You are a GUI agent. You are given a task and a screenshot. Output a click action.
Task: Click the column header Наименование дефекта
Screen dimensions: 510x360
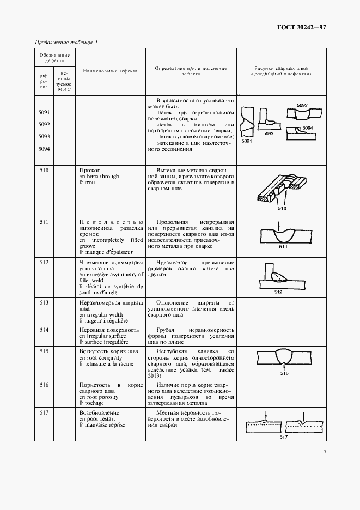point(110,71)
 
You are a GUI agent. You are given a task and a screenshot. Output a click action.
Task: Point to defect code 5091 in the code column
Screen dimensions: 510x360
point(44,113)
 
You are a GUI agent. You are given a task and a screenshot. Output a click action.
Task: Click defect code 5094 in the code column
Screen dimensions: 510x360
point(44,148)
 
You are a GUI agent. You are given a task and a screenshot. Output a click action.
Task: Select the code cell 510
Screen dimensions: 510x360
point(44,171)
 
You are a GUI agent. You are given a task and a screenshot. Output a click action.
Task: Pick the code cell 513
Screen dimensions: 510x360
point(44,302)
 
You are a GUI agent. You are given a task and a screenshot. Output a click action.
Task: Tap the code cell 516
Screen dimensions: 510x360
point(44,385)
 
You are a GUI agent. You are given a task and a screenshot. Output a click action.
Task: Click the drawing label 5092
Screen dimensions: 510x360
point(303,104)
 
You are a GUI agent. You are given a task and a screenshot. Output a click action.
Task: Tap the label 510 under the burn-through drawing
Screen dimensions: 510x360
point(282,208)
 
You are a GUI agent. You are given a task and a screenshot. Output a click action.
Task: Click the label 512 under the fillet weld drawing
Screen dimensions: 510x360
point(279,292)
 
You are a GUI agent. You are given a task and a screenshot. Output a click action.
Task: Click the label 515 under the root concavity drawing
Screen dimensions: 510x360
point(284,373)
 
